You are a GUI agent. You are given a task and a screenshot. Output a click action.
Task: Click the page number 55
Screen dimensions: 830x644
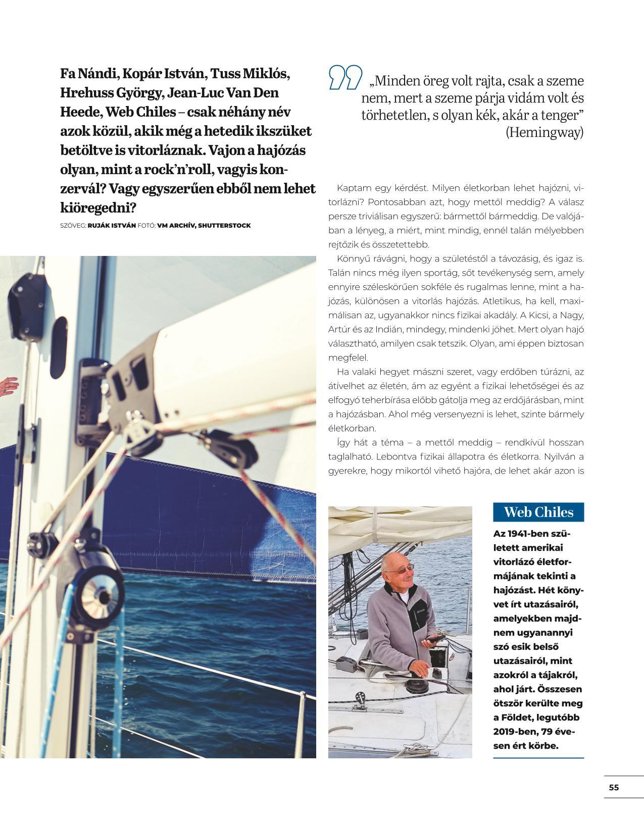click(x=614, y=787)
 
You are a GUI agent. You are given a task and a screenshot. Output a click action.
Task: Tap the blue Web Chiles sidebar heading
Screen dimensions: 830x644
click(x=538, y=512)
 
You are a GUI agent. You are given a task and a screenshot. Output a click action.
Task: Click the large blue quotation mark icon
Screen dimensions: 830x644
click(x=345, y=77)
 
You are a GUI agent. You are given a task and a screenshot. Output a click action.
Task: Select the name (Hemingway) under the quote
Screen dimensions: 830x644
click(x=544, y=132)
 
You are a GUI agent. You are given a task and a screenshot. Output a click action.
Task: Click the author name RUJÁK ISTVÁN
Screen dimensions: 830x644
click(x=112, y=225)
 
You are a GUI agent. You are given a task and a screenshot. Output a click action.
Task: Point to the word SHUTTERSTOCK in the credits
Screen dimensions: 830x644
click(x=224, y=225)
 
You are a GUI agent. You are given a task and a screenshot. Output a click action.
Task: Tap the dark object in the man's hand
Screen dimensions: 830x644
click(x=432, y=640)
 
